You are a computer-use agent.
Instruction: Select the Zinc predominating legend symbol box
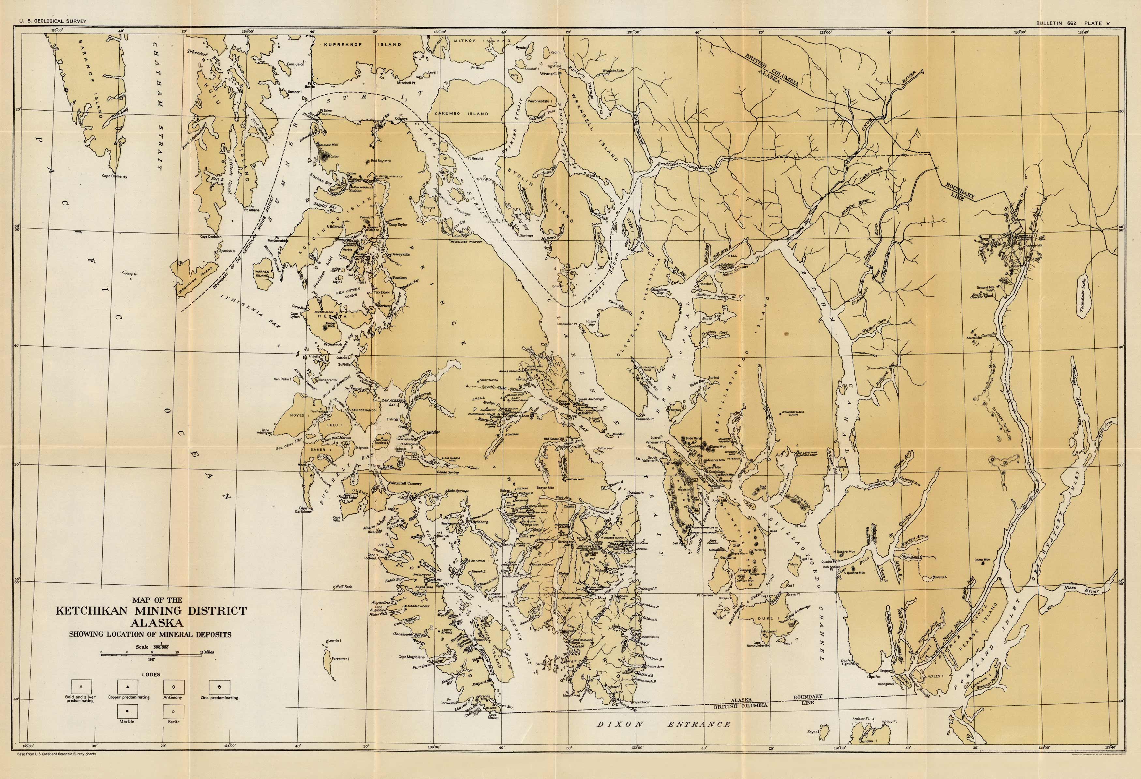click(x=219, y=686)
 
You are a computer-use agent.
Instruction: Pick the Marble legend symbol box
click(x=127, y=711)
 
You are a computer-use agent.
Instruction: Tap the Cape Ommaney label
click(x=114, y=176)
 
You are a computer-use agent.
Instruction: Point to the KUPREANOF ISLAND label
click(x=362, y=44)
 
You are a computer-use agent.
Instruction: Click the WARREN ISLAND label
click(x=262, y=273)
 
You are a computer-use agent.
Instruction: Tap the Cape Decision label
click(x=211, y=237)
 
